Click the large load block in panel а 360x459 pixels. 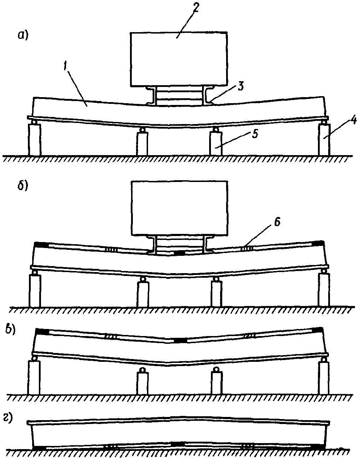179,59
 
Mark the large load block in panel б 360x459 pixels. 180,208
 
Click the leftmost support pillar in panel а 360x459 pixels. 34,140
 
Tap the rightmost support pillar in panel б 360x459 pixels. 324,290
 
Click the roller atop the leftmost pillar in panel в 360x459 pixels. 34,358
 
